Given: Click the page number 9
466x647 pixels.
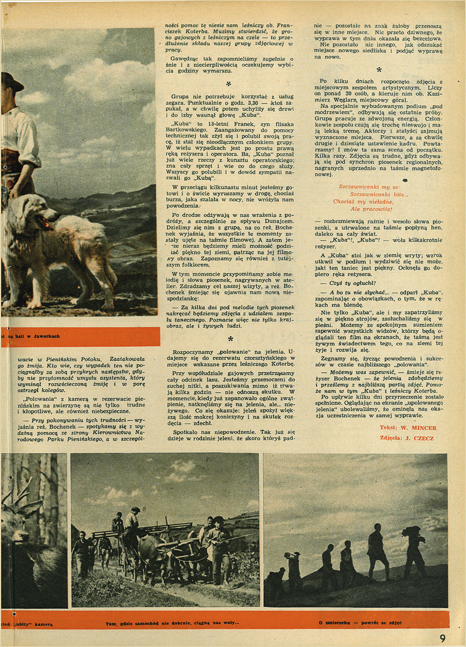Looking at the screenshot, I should [443, 638].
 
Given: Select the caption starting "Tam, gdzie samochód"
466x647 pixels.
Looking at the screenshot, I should [172, 622].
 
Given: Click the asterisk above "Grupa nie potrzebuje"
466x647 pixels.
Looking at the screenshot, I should [229, 85].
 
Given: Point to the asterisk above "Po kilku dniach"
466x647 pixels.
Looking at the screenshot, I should [379, 70].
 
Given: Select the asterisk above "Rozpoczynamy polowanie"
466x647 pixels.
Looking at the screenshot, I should [231, 340].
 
